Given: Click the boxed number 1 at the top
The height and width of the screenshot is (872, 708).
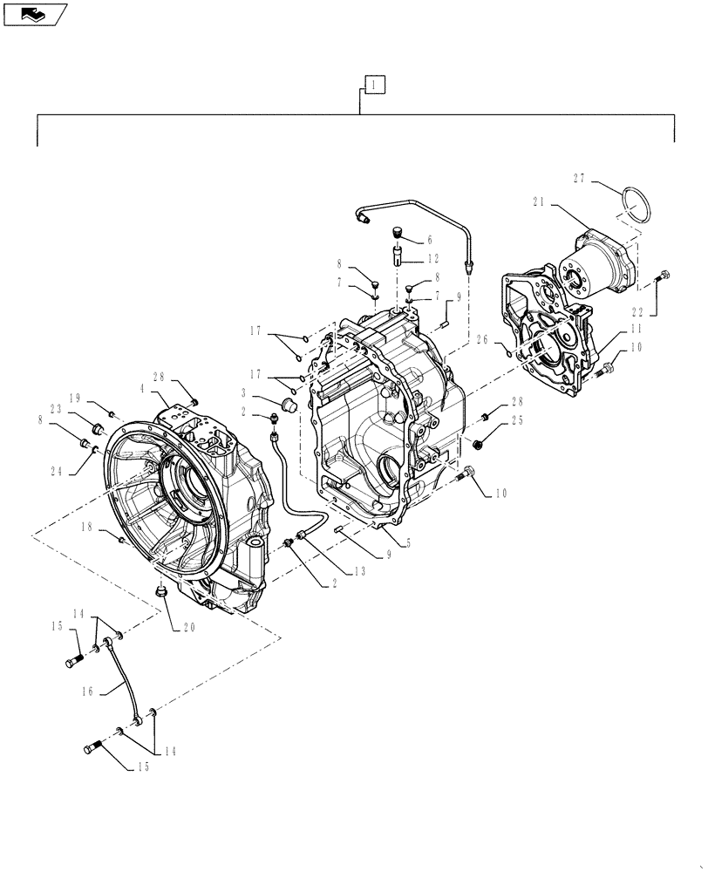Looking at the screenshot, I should coord(372,85).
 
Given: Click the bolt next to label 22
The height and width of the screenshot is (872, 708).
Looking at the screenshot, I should coord(664,276).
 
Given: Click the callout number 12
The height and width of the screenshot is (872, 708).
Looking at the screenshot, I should coord(432,259).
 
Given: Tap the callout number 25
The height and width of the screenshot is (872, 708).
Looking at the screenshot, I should coord(517,420).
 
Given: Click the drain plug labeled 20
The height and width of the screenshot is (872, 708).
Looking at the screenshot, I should coord(160,594).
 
